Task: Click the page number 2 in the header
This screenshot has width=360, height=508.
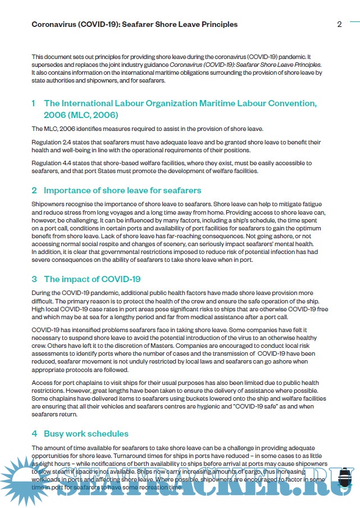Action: pos(339,24)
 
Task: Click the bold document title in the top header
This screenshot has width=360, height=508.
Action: pos(134,24)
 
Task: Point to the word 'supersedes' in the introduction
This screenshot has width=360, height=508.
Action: pos(49,65)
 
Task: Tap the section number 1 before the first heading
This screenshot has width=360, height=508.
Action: pos(34,103)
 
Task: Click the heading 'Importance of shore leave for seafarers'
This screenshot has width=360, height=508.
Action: pos(122,190)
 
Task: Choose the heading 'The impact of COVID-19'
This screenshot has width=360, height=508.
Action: pos(92,279)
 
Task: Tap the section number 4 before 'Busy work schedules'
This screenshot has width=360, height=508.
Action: pos(34,434)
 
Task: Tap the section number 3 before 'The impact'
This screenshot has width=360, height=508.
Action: pos(34,279)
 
